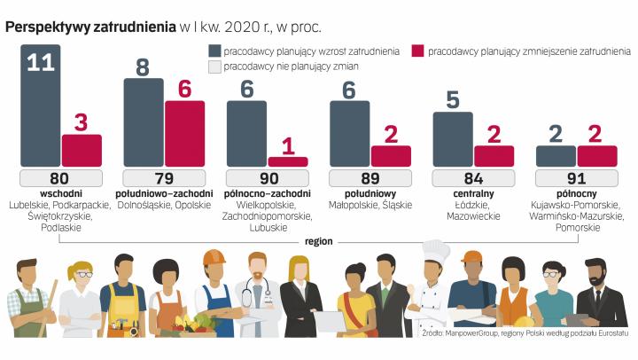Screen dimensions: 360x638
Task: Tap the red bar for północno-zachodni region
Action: tap(287, 161)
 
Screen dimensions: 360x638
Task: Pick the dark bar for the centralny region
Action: tap(452, 138)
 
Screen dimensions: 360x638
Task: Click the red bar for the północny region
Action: tap(596, 155)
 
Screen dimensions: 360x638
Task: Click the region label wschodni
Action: tap(59, 193)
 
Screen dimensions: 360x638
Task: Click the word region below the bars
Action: tap(317, 239)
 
